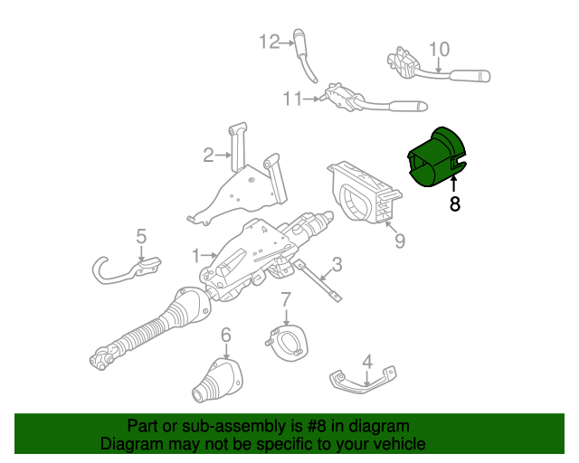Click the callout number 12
pos(271,41)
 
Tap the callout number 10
pos(438,48)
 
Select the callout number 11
pos(291,99)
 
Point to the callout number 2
pos(208,155)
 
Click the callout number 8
pos(454,204)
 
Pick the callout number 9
pos(399,241)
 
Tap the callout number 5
pos(141,237)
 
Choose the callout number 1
pos(196,255)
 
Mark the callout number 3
pos(337,265)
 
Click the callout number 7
pos(285,299)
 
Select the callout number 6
pos(226,334)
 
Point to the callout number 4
pos(366,363)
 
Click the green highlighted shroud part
pos(435,157)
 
